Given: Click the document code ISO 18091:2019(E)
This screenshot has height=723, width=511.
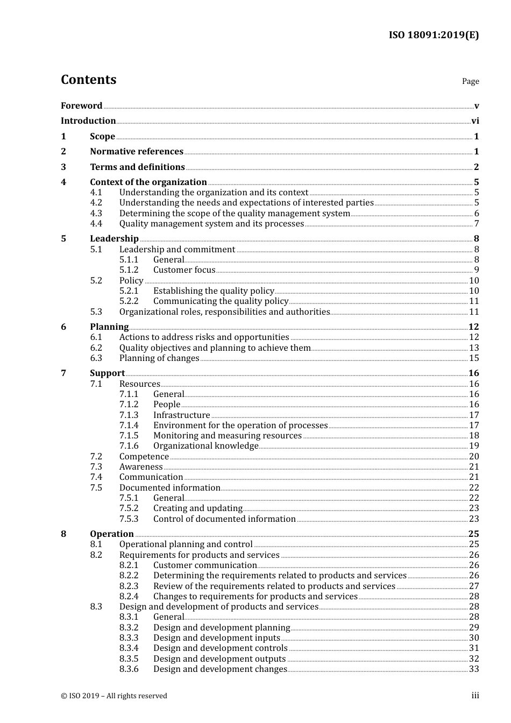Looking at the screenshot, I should tap(434, 35).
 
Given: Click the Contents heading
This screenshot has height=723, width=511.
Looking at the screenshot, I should tap(88, 80).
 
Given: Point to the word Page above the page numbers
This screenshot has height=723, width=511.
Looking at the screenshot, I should tap(470, 81).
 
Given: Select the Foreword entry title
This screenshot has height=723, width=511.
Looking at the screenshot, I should tap(81, 105).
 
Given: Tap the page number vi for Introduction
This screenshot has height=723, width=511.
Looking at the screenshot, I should tap(475, 121).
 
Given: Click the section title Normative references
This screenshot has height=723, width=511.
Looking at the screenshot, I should tap(137, 152).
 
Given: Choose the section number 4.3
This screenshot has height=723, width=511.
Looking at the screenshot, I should tap(96, 214).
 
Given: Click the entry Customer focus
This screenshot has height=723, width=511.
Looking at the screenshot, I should tap(184, 270).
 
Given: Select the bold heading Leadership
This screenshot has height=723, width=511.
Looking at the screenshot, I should tap(114, 239).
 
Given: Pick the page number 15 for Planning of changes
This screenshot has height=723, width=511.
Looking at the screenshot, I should tap(474, 358).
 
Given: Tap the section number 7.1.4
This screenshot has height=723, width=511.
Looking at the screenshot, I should tap(129, 426).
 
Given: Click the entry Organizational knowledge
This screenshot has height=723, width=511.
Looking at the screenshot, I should tap(205, 446).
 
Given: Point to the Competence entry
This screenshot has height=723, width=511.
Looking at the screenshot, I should tap(144, 457).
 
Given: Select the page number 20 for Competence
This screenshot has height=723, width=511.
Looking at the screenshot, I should tap(474, 457).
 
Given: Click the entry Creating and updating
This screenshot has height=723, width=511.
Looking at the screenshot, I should tap(197, 508).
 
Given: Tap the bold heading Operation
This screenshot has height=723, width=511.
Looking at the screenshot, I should tap(112, 534).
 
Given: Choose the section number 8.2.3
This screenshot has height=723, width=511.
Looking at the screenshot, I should tap(129, 586).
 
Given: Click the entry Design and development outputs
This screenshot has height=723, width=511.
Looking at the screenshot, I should tap(219, 659).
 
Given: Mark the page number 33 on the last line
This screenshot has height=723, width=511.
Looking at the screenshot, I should tap(474, 669).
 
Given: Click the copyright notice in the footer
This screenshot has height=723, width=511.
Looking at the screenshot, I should tap(114, 696).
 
